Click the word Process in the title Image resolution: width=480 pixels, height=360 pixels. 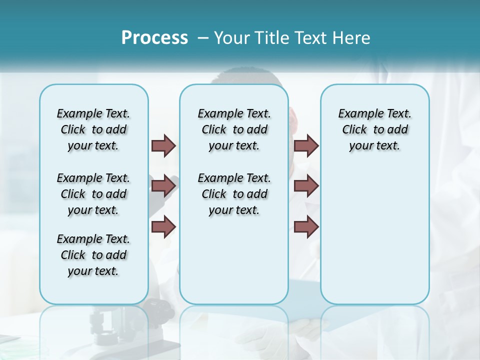(154, 37)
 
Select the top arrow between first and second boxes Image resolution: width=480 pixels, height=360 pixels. (163, 145)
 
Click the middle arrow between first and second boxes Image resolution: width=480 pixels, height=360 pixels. (163, 186)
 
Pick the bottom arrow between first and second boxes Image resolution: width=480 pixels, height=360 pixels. (163, 226)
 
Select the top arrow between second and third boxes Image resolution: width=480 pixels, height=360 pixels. (306, 145)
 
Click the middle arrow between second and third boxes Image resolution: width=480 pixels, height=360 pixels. (306, 186)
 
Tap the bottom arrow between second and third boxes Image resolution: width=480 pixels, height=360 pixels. (306, 226)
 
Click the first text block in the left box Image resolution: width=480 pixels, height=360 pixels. (93, 129)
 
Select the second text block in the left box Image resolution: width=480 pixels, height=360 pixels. (93, 194)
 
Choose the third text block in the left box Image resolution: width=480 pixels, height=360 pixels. (93, 255)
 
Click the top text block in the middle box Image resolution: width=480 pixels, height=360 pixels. (234, 129)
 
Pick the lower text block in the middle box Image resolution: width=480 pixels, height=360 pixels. (234, 194)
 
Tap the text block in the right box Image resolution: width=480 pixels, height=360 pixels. (375, 129)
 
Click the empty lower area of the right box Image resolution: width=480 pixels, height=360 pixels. (375, 240)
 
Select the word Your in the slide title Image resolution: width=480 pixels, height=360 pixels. (232, 37)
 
